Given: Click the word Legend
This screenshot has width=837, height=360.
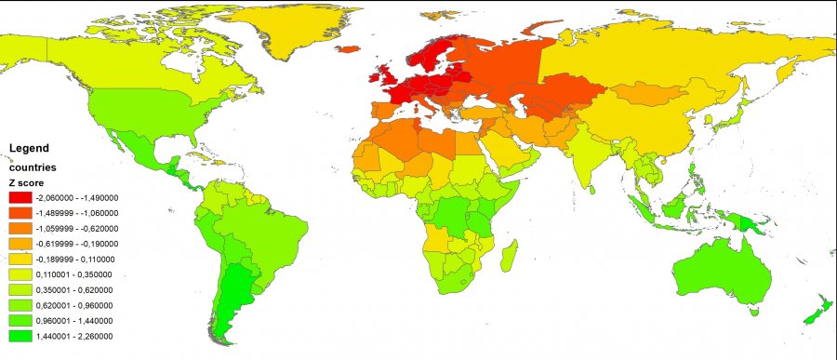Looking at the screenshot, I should pos(28,148).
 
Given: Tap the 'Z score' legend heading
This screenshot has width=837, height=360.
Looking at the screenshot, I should pos(24,183).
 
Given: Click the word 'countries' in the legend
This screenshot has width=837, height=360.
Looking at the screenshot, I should pos(33,167).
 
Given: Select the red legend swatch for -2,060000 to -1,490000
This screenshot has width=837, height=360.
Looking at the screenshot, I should pos(20,198).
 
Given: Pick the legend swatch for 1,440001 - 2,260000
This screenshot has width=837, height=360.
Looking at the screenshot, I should pos(20,335).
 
